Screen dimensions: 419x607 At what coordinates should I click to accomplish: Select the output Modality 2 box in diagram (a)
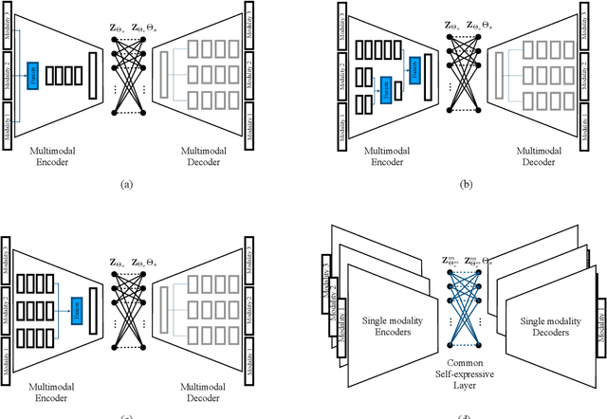point(249,73)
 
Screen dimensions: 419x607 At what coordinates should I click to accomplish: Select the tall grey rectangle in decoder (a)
point(165,73)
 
